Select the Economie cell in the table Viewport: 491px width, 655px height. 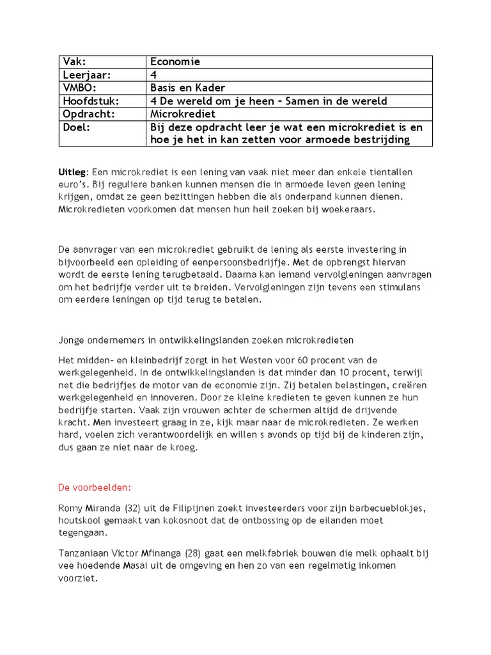175,62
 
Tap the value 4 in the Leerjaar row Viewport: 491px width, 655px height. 153,75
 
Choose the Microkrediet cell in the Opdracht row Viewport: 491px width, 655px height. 182,114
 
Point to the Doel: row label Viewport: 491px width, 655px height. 76,127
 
